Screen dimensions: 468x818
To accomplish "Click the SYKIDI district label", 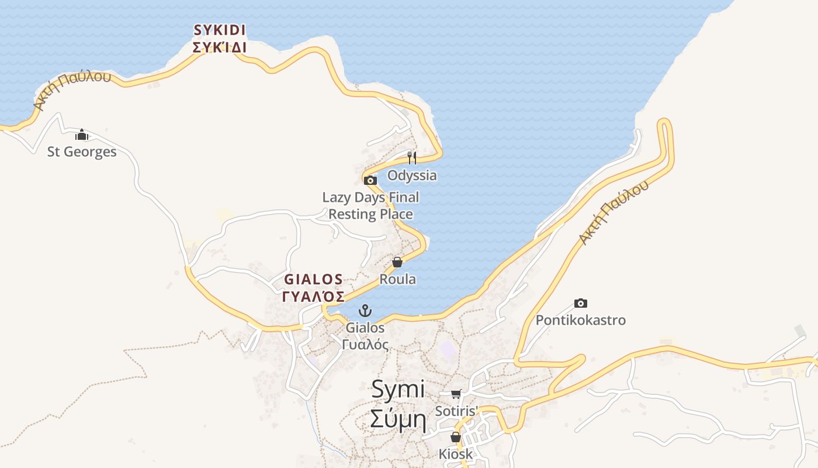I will pyautogui.click(x=220, y=39).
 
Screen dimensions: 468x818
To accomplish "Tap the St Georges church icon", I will pyautogui.click(x=82, y=135).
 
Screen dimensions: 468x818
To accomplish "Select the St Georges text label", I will pyautogui.click(x=82, y=152).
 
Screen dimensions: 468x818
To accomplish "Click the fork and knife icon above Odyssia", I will pyautogui.click(x=412, y=157).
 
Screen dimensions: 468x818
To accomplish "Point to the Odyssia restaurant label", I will pyautogui.click(x=412, y=175).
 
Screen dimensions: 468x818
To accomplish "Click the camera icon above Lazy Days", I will pyautogui.click(x=370, y=180).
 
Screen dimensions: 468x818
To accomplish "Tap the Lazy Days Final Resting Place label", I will pyautogui.click(x=370, y=206).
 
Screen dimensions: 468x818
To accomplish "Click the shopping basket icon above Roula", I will pyautogui.click(x=397, y=262).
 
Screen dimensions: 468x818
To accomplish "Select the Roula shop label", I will pyautogui.click(x=397, y=279).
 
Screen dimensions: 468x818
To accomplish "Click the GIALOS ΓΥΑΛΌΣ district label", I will pyautogui.click(x=313, y=288).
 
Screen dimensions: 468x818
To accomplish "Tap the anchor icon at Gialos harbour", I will pyautogui.click(x=365, y=311).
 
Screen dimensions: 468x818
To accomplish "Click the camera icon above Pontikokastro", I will pyautogui.click(x=580, y=303).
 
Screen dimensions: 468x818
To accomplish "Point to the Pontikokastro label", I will pyautogui.click(x=580, y=320).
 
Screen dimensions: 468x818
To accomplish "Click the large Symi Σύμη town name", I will pyautogui.click(x=398, y=404).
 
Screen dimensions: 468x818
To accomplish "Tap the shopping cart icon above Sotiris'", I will pyautogui.click(x=456, y=394).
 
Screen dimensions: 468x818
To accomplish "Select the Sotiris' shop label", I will pyautogui.click(x=456, y=411).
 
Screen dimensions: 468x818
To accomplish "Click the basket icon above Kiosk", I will pyautogui.click(x=456, y=437).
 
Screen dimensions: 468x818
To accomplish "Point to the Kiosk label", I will pyautogui.click(x=456, y=454).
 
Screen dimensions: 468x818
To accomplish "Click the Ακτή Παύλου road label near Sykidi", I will pyautogui.click(x=71, y=90).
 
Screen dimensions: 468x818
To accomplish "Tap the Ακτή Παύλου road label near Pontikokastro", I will pyautogui.click(x=613, y=212).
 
